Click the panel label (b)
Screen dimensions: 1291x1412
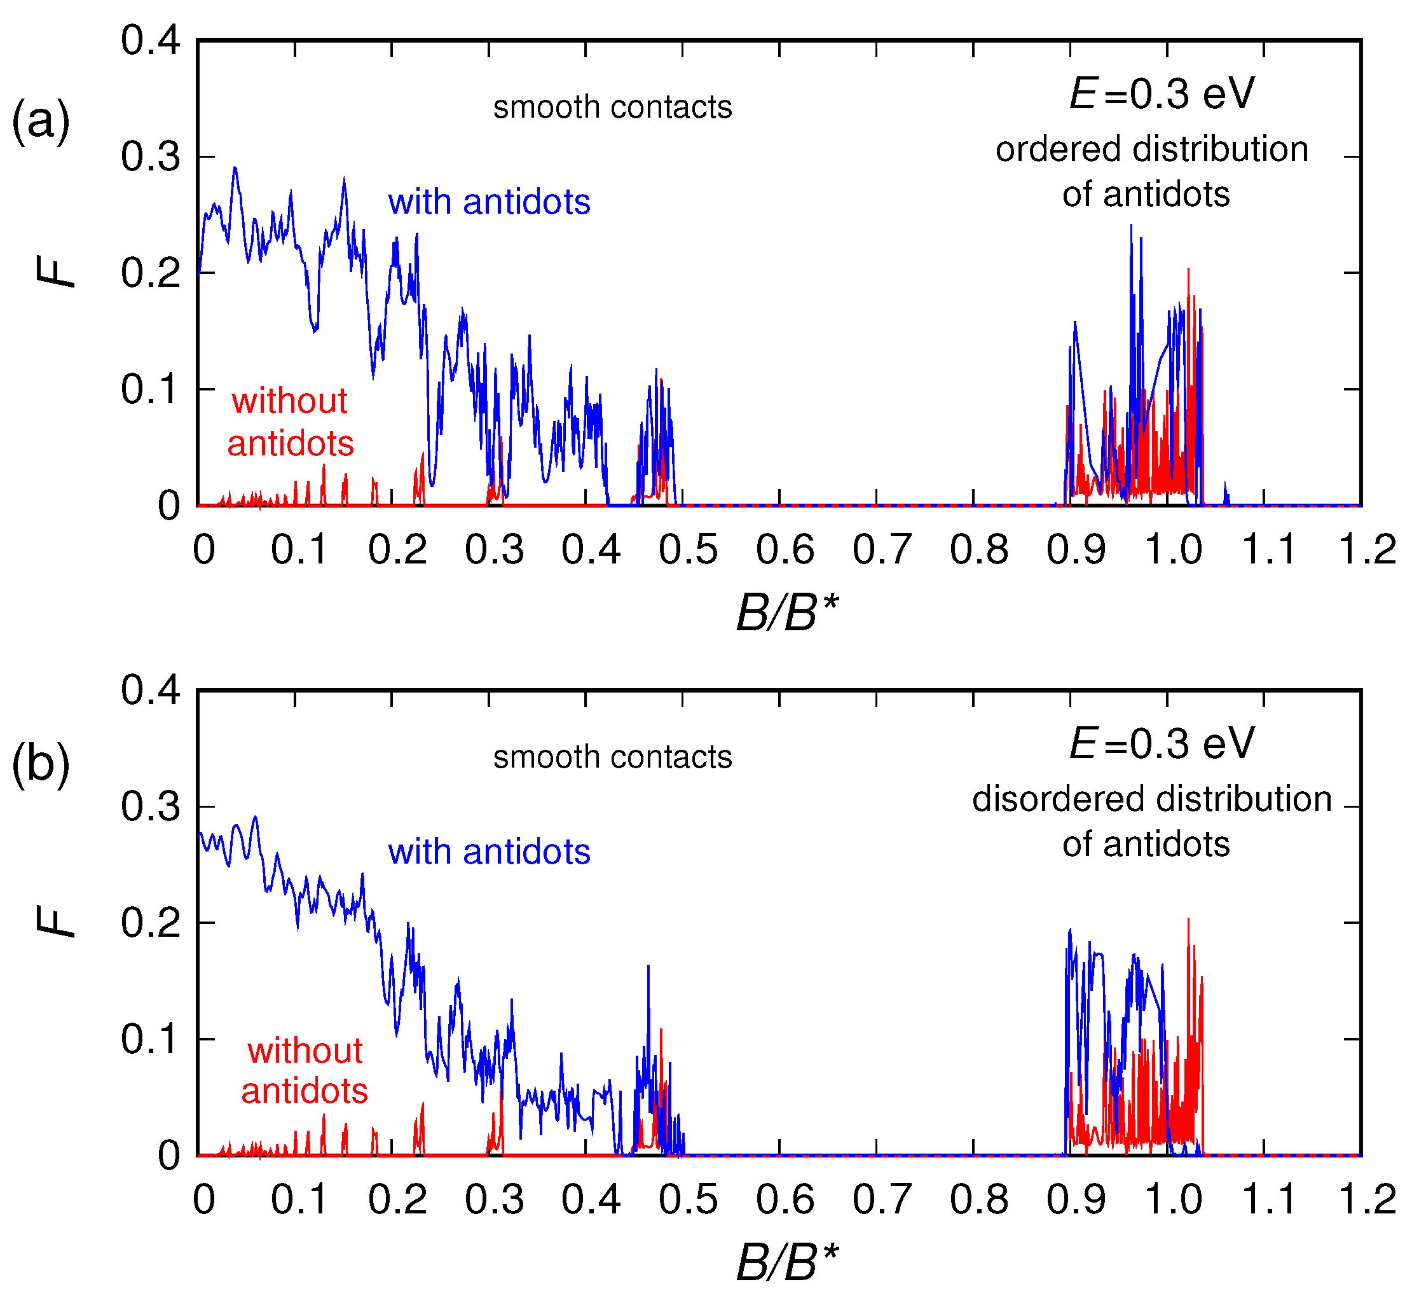[41, 765]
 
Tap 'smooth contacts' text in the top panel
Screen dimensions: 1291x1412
[612, 107]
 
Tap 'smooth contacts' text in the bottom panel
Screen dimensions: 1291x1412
[612, 757]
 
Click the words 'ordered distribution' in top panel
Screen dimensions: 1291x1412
[1151, 149]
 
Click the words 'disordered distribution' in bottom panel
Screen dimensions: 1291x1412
[1151, 799]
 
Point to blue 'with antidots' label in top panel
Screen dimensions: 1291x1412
[489, 202]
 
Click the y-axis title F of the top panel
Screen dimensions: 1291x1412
[56, 272]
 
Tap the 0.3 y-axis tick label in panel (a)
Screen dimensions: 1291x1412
[151, 156]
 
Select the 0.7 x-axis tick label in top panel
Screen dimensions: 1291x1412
[882, 549]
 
